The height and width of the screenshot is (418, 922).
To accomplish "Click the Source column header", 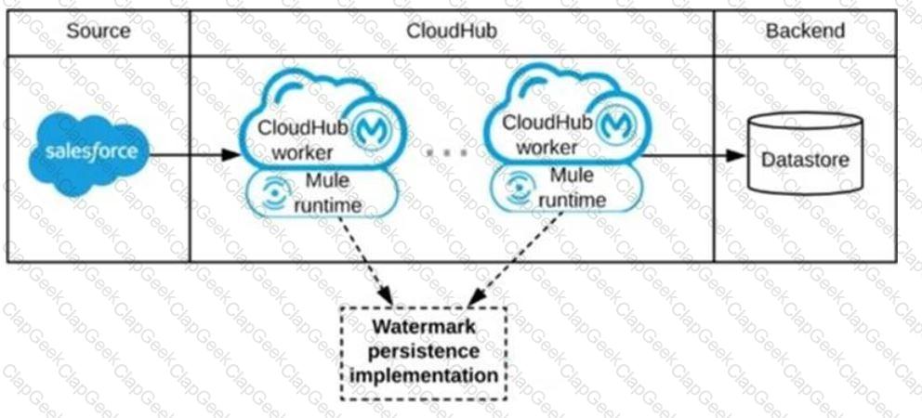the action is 99,32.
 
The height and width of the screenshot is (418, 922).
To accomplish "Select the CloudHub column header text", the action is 452,32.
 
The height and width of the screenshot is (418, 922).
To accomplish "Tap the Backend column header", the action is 805,32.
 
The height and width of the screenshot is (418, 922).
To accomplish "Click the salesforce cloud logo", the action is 90,153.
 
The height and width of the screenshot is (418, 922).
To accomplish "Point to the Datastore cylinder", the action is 805,154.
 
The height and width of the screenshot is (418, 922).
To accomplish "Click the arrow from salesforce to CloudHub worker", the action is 195,155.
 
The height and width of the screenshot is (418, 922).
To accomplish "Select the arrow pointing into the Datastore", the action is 692,155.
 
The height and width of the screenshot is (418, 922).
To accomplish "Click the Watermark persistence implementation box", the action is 424,353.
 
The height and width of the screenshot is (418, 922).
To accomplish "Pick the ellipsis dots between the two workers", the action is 447,152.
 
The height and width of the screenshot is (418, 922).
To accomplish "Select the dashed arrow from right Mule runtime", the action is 516,258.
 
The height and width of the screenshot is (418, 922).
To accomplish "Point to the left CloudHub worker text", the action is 296,139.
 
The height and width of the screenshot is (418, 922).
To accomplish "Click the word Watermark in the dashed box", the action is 424,327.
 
